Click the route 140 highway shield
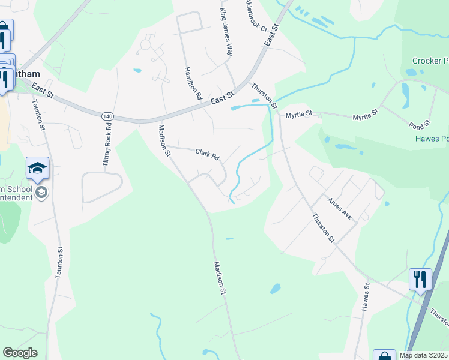[107, 115]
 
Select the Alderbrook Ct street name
[255, 16]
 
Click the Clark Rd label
[208, 154]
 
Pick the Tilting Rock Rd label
[109, 144]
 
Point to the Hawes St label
[364, 298]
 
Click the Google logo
[20, 353]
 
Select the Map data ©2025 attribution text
[424, 356]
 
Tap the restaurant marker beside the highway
[420, 279]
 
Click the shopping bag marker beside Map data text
[384, 356]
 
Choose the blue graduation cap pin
[37, 169]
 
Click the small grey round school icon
[41, 192]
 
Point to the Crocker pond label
[430, 61]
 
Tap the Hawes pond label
[432, 139]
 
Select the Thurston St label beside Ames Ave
[323, 228]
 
